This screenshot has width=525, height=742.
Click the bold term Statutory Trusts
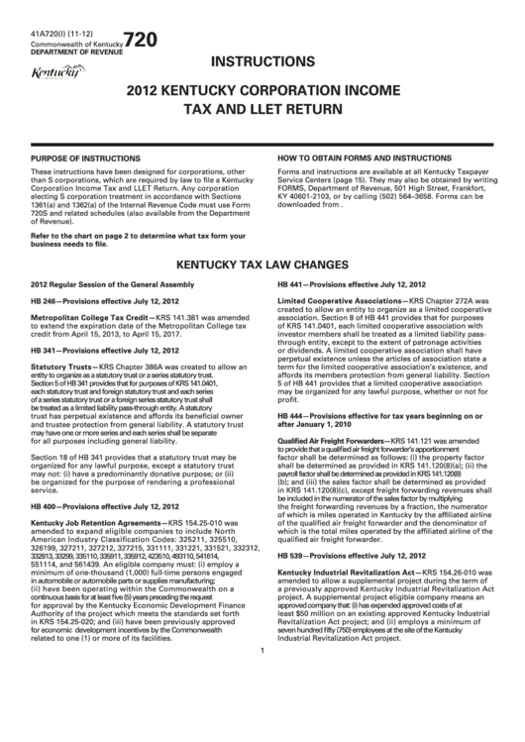click(x=64, y=367)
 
